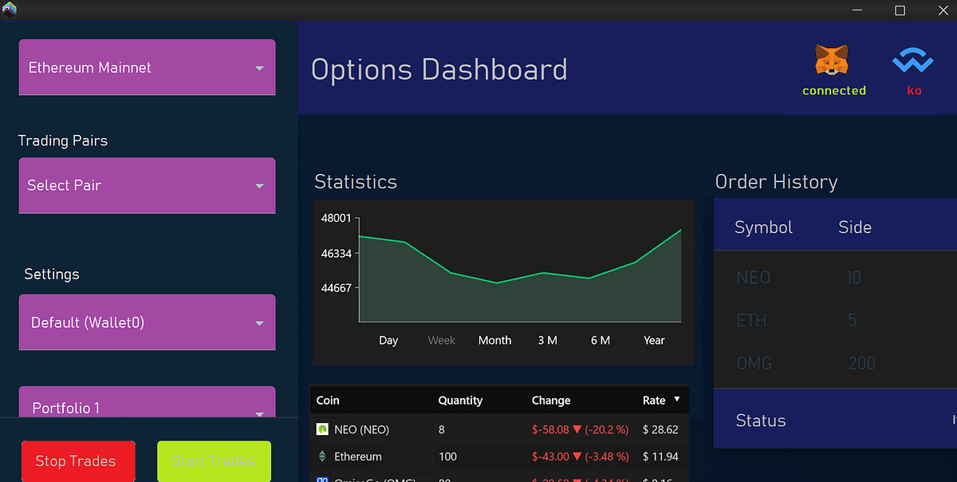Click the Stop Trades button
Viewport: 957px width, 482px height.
click(x=78, y=461)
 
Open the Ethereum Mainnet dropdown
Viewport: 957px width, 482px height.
click(x=147, y=68)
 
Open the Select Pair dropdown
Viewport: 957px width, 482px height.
click(x=147, y=185)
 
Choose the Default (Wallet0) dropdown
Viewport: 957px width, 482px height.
click(x=147, y=322)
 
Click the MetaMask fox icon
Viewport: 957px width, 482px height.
click(x=832, y=61)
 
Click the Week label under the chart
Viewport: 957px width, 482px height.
click(x=441, y=340)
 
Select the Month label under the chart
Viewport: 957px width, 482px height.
click(x=494, y=340)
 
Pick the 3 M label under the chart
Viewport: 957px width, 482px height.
click(x=547, y=340)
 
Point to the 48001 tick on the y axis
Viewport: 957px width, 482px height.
click(x=336, y=218)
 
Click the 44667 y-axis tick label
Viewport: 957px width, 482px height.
click(x=336, y=287)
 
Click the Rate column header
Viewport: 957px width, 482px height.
click(x=654, y=400)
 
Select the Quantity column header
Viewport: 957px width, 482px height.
click(x=460, y=400)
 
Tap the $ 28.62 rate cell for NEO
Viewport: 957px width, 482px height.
click(x=660, y=429)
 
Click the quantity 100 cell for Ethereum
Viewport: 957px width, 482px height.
click(x=448, y=456)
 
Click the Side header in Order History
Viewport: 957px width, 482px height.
click(x=854, y=227)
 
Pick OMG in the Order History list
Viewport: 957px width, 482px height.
click(x=754, y=363)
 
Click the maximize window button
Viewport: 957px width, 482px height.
click(x=900, y=10)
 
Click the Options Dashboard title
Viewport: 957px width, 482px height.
click(x=439, y=69)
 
